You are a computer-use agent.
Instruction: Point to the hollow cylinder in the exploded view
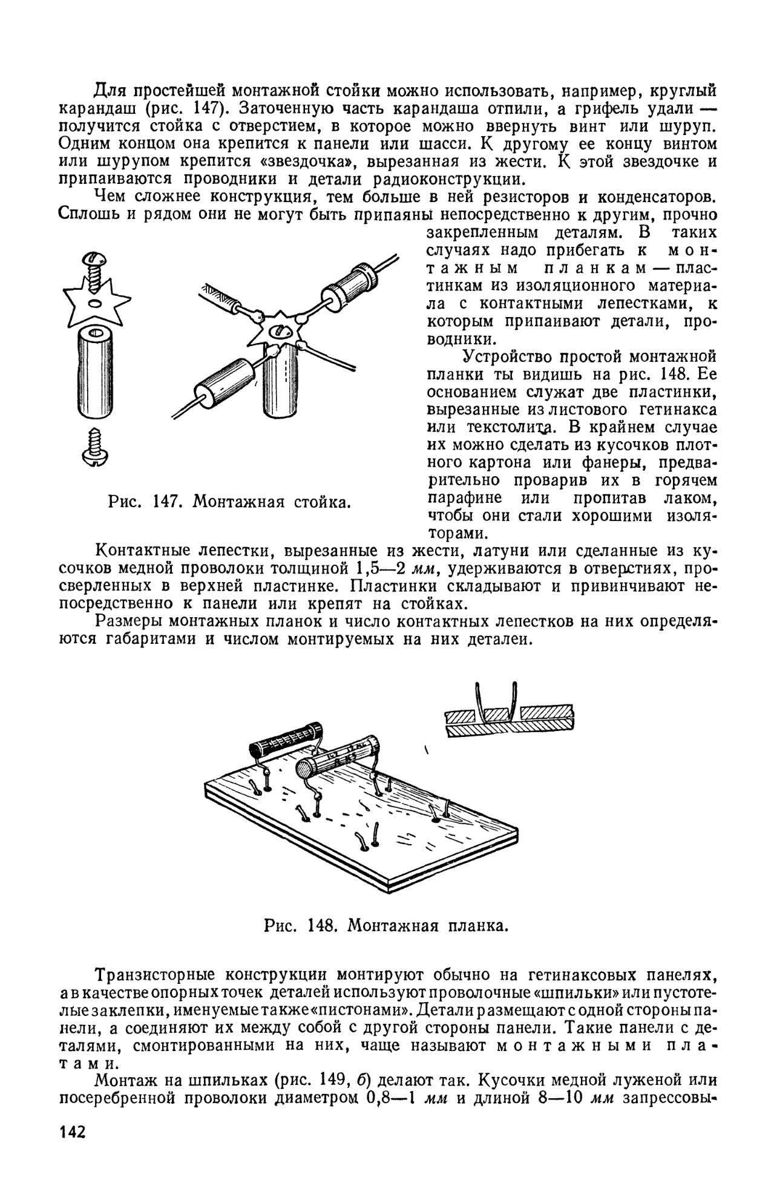(x=96, y=372)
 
